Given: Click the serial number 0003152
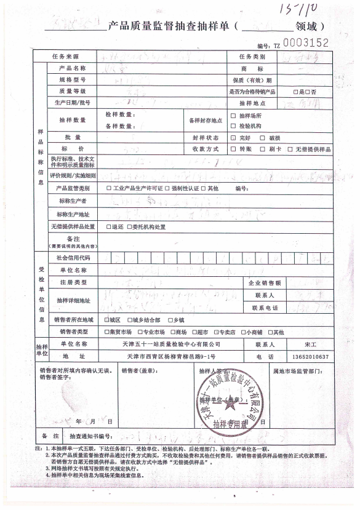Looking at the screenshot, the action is (307, 42).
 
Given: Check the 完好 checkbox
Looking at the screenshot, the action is (233, 138).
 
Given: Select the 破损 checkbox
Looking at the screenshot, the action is (262, 138).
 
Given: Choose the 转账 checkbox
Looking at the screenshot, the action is (233, 149).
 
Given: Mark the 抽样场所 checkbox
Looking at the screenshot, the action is (233, 116).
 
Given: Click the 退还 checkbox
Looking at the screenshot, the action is (108, 226).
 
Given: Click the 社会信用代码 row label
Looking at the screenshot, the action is (73, 257).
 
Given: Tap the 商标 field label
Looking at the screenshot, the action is (252, 69).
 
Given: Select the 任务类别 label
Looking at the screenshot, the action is (252, 57).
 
